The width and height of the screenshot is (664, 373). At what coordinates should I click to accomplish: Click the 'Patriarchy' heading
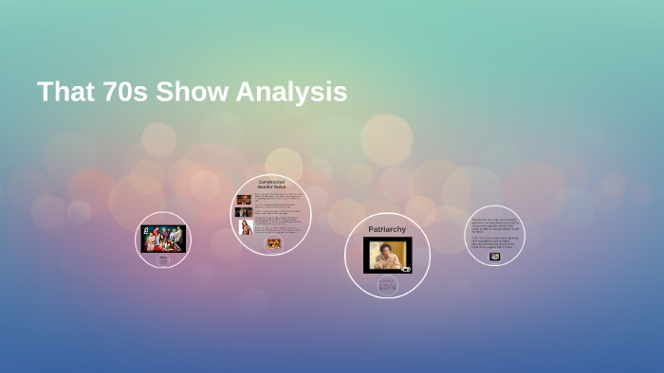point(387,229)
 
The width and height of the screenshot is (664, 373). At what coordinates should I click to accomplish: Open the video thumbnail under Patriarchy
point(387,255)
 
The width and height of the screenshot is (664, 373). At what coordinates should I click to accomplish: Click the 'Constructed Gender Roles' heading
point(271,184)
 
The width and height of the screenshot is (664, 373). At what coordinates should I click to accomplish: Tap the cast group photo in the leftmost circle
point(162,239)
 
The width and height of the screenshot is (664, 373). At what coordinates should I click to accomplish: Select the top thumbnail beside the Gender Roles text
point(244,200)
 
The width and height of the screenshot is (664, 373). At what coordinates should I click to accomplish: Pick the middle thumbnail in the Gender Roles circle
point(244,213)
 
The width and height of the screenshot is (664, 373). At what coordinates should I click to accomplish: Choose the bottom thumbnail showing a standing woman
point(246,227)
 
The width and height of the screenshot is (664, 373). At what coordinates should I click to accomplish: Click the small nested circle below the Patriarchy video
point(387,285)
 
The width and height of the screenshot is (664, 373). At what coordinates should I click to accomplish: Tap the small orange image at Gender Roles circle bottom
point(274,243)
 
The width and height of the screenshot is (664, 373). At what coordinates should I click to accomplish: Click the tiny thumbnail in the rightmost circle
point(494,256)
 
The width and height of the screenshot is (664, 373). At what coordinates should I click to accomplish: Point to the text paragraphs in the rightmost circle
point(494,233)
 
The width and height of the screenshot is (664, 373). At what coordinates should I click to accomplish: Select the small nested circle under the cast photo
point(162,258)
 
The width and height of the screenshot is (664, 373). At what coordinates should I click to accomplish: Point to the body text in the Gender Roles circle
point(278,212)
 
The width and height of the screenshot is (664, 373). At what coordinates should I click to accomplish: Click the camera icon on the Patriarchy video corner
point(406,269)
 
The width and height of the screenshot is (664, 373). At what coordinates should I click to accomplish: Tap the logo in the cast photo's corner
point(146,229)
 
